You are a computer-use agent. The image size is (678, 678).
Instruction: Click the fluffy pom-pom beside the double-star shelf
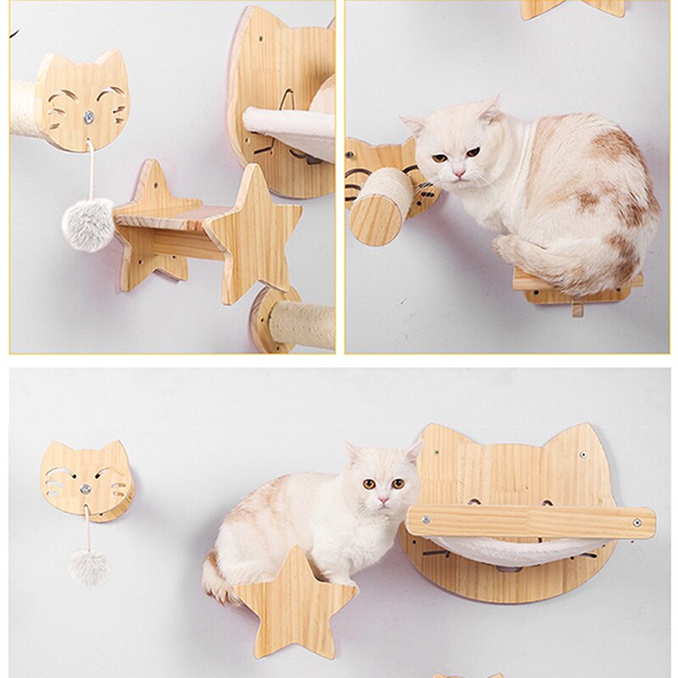point(87,224)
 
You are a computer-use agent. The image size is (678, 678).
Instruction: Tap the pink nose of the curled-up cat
point(458,174)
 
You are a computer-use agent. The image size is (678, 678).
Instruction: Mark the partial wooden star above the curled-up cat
point(572,8)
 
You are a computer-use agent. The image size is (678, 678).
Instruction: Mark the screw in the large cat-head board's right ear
point(583,458)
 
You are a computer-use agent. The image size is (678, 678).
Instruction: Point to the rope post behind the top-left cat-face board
point(25,108)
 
